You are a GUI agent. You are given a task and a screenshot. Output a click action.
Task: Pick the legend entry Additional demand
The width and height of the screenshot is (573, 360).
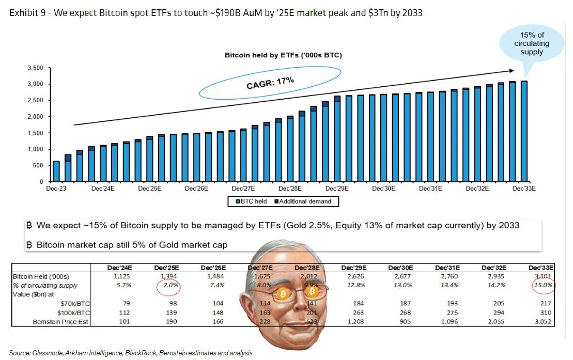click(x=305, y=201)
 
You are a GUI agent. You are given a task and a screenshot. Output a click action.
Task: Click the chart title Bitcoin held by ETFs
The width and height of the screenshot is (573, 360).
click(x=283, y=54)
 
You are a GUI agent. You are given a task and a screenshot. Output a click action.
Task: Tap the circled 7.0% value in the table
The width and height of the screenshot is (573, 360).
click(x=167, y=286)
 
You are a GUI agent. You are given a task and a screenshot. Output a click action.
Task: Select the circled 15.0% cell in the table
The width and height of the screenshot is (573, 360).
click(x=543, y=285)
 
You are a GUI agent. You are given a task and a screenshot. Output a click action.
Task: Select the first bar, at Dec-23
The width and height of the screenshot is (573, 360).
click(x=56, y=171)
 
